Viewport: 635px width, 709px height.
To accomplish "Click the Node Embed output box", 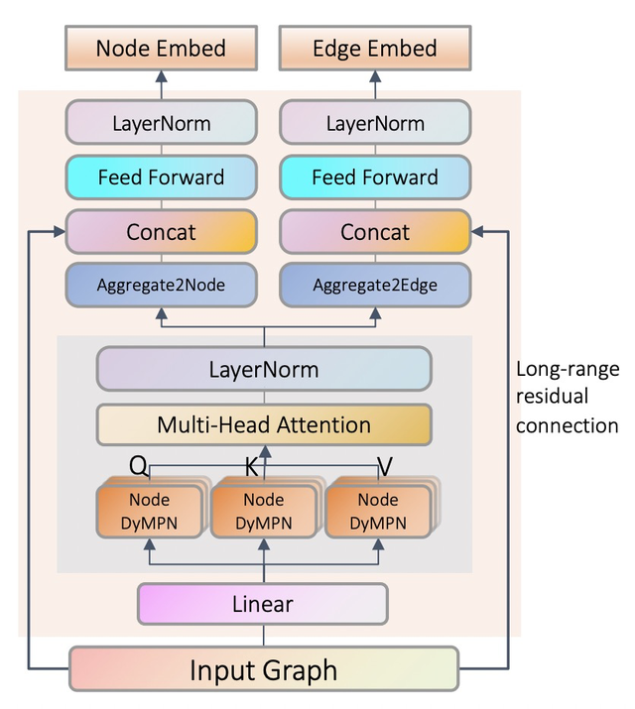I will click(161, 48).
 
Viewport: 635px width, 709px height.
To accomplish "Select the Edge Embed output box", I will click(374, 48).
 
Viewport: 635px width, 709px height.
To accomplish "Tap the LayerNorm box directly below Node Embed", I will click(161, 124).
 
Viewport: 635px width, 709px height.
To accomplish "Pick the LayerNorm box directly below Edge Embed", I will click(374, 124).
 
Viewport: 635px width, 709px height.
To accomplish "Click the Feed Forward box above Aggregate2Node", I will click(161, 177).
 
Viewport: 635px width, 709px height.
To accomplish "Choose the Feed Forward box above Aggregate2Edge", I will click(374, 177).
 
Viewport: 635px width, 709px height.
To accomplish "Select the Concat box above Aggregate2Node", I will click(161, 232).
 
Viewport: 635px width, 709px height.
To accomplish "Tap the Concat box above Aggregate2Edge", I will click(374, 232).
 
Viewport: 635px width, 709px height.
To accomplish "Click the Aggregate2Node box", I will click(161, 285).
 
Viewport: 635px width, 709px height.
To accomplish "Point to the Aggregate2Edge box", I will click(374, 285).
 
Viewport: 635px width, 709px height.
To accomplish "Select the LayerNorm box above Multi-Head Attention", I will click(264, 370).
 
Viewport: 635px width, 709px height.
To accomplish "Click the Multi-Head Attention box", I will click(264, 425).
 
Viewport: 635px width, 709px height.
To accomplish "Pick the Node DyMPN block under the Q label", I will click(149, 510).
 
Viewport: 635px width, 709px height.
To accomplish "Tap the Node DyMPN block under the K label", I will click(263, 510).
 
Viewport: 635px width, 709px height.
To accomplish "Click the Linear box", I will click(263, 604).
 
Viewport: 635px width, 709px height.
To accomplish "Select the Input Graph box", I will click(263, 669).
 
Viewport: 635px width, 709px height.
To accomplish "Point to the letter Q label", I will click(140, 464).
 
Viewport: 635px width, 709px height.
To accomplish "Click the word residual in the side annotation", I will click(552, 398).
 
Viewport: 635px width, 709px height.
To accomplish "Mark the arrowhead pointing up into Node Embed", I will click(161, 76).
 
